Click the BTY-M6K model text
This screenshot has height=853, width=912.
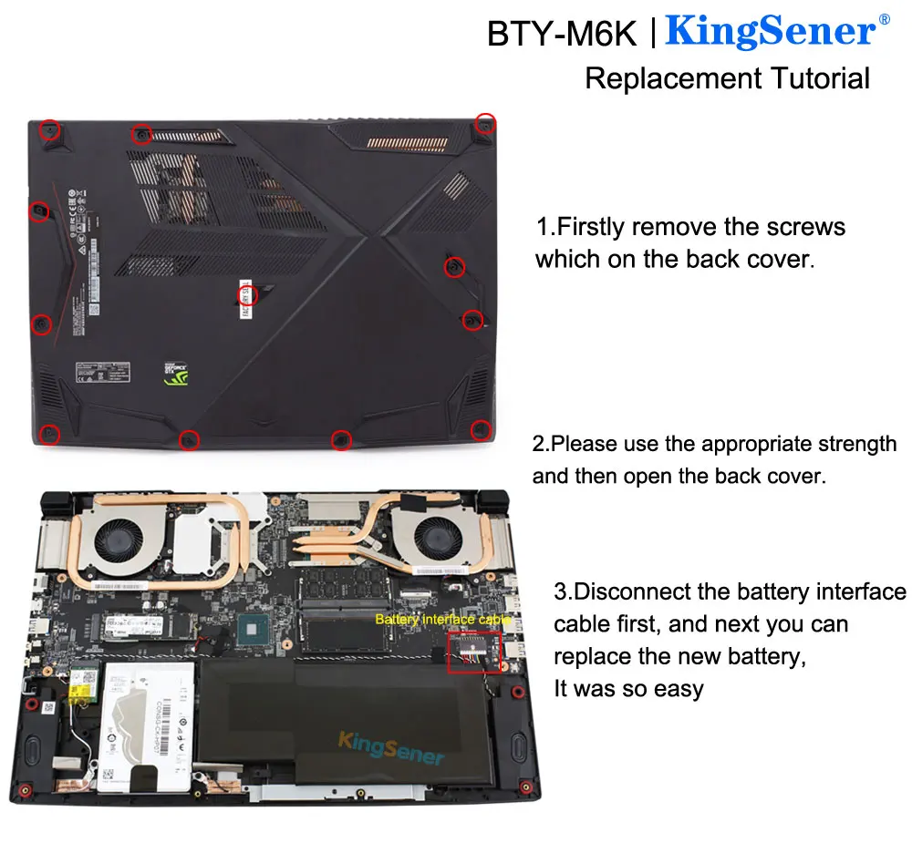[x=562, y=34]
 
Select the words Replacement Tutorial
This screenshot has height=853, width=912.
[x=727, y=78]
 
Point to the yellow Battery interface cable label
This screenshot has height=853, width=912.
[x=443, y=620]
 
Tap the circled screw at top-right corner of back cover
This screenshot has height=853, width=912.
[x=485, y=124]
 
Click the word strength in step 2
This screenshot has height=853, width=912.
[x=855, y=445]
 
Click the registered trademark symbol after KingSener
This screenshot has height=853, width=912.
[x=883, y=20]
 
